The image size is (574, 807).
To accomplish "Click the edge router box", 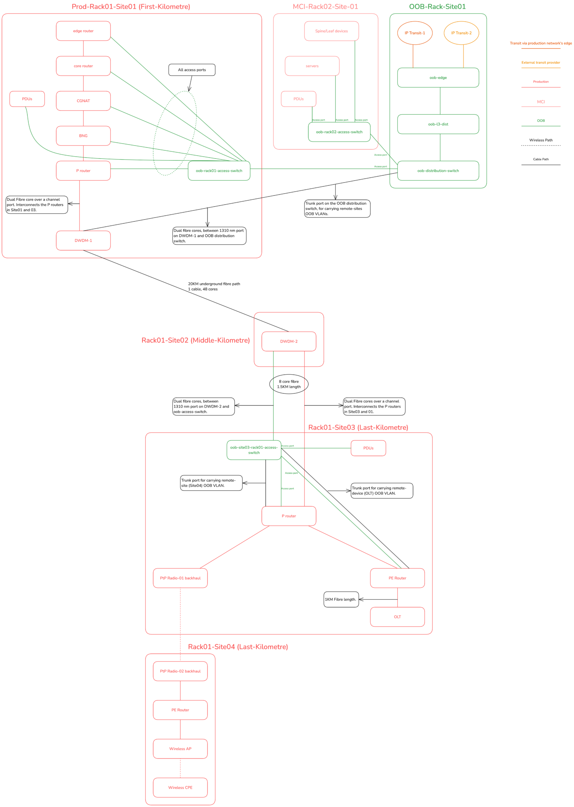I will [x=83, y=31].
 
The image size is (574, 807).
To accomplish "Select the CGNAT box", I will [x=83, y=101].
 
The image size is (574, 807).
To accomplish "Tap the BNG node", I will [x=83, y=136].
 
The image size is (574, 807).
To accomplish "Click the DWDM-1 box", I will [x=83, y=241].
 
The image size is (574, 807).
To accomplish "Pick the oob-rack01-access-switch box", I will [x=219, y=171].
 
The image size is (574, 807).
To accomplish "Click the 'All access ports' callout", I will [x=192, y=70].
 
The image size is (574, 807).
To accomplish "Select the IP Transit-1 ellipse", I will [x=415, y=33].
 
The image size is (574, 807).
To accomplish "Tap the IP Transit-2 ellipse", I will [x=461, y=33].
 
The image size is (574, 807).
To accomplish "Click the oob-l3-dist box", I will [x=438, y=124].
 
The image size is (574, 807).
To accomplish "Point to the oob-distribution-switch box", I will [x=438, y=171].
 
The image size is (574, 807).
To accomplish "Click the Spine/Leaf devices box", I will [x=331, y=31].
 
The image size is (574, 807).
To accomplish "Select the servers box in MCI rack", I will [x=312, y=66].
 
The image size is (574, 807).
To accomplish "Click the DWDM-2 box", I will [x=289, y=341].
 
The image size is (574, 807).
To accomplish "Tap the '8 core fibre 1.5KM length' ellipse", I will [x=289, y=384].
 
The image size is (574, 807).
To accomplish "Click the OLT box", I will [x=397, y=617].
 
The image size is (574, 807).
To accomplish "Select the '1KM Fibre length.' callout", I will [x=341, y=599].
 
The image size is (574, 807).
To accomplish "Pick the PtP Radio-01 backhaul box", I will [x=180, y=578].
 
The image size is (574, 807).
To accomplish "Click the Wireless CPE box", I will [x=180, y=788].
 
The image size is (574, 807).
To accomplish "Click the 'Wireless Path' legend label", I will [x=541, y=140].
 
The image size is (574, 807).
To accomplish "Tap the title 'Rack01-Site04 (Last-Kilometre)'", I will [x=238, y=647].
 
